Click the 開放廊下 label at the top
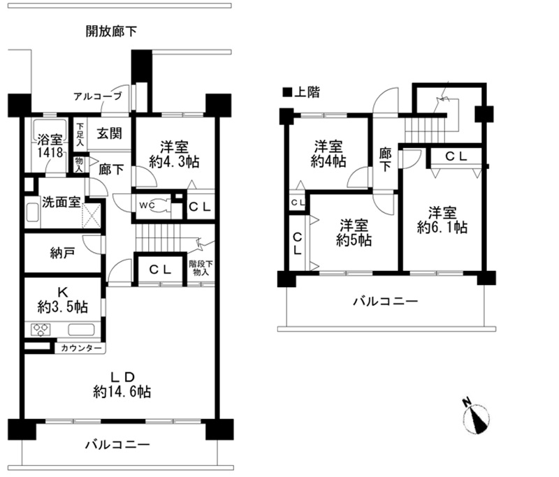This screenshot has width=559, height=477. (x=111, y=31)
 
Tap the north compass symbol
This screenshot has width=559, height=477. (x=476, y=418)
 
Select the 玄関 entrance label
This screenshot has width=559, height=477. (x=110, y=133)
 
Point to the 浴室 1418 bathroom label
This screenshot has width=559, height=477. (x=50, y=146)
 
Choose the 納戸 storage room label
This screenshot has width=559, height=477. (x=62, y=254)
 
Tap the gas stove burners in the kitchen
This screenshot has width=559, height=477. (x=41, y=330)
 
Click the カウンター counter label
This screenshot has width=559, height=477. (x=81, y=348)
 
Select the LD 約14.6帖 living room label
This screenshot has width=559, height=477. (x=122, y=385)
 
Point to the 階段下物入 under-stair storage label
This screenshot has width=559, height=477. (x=201, y=268)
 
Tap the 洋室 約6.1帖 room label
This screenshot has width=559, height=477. (x=442, y=220)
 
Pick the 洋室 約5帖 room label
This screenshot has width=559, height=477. (x=354, y=233)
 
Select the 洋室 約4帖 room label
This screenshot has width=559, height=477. (x=328, y=154)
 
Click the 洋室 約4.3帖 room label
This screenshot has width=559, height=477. (x=174, y=154)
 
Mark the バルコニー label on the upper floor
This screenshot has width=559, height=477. (x=385, y=302)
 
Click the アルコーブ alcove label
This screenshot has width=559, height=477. (x=98, y=96)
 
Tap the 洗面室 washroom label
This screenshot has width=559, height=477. (x=61, y=202)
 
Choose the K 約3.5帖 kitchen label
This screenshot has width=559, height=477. (x=63, y=300)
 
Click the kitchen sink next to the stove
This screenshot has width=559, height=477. (x=81, y=330)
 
